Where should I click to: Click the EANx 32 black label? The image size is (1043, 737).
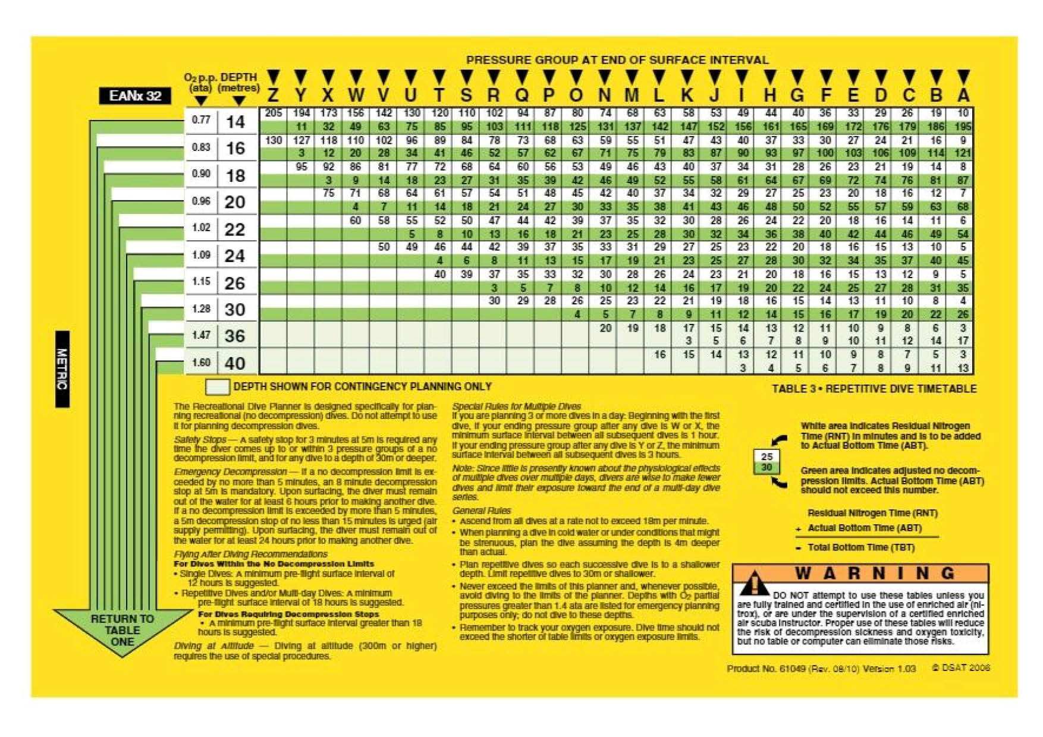[134, 96]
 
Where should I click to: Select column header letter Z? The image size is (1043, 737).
[273, 95]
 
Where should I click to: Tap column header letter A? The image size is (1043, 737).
[963, 95]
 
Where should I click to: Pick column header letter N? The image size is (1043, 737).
[604, 95]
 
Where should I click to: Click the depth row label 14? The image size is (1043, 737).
[235, 122]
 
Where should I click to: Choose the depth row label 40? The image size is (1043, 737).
[235, 363]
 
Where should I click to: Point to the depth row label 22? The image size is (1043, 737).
[235, 229]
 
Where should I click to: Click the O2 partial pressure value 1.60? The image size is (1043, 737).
[201, 362]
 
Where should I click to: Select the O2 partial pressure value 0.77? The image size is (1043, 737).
[201, 119]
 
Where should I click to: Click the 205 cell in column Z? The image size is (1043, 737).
[273, 113]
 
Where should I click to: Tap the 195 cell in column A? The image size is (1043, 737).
[963, 127]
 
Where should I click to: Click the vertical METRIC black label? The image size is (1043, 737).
[62, 369]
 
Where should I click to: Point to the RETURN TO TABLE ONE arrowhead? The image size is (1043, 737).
[122, 630]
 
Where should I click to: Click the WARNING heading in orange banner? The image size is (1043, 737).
[875, 574]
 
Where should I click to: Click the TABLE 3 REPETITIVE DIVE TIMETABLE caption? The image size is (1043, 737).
[874, 389]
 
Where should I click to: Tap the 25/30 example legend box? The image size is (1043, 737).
[766, 462]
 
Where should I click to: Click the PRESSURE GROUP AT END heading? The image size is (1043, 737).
[617, 60]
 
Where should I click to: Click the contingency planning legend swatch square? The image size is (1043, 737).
[217, 387]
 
